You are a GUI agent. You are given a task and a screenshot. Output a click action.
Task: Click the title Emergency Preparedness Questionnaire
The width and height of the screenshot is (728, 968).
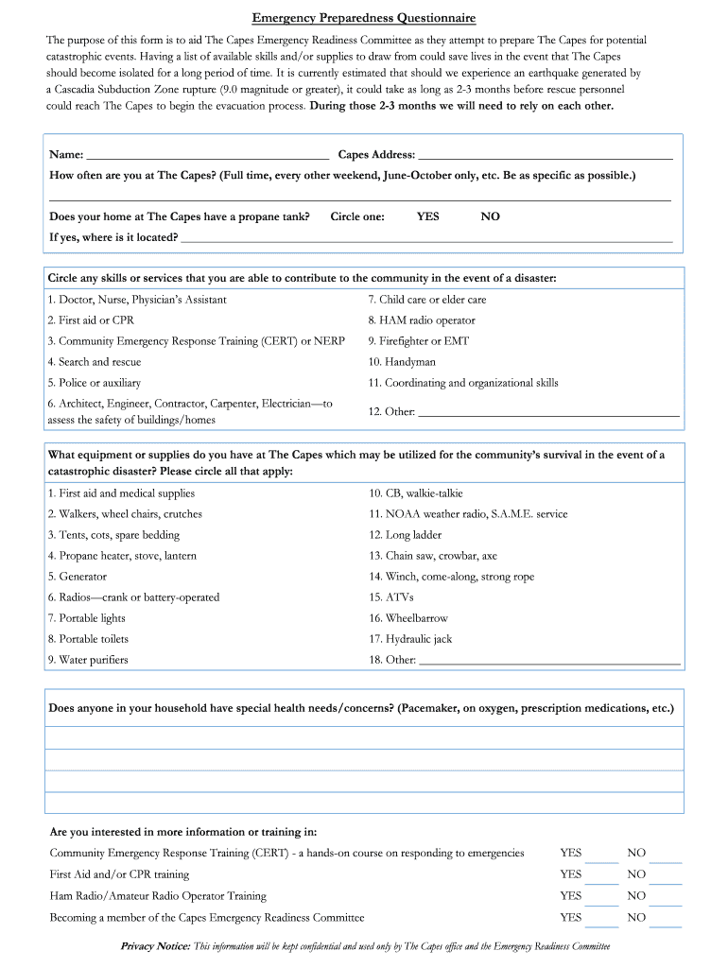click(364, 18)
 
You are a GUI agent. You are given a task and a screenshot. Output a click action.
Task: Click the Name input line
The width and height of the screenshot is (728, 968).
click(207, 156)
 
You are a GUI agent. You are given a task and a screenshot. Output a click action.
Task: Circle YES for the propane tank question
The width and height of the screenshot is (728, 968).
click(427, 216)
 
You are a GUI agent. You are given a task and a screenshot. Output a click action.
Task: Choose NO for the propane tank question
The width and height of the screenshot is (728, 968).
click(490, 216)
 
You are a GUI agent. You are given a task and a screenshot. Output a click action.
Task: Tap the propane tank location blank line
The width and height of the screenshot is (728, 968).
click(426, 239)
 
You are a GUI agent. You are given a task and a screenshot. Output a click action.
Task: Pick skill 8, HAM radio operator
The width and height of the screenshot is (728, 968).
click(422, 320)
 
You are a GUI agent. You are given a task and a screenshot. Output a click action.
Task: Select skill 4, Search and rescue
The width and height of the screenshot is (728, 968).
click(95, 362)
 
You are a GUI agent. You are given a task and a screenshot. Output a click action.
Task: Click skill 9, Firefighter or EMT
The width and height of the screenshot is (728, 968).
click(418, 341)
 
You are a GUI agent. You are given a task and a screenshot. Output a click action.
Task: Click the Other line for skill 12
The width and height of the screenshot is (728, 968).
click(548, 413)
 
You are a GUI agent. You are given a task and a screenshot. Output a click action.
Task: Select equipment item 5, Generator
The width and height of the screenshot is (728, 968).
click(78, 577)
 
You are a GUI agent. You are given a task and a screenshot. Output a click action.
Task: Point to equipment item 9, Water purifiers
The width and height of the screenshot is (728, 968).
click(88, 660)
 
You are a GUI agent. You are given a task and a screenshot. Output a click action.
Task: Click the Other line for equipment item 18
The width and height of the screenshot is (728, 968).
click(548, 662)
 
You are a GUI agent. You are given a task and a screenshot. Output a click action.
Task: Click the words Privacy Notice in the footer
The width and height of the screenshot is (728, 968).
click(156, 946)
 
